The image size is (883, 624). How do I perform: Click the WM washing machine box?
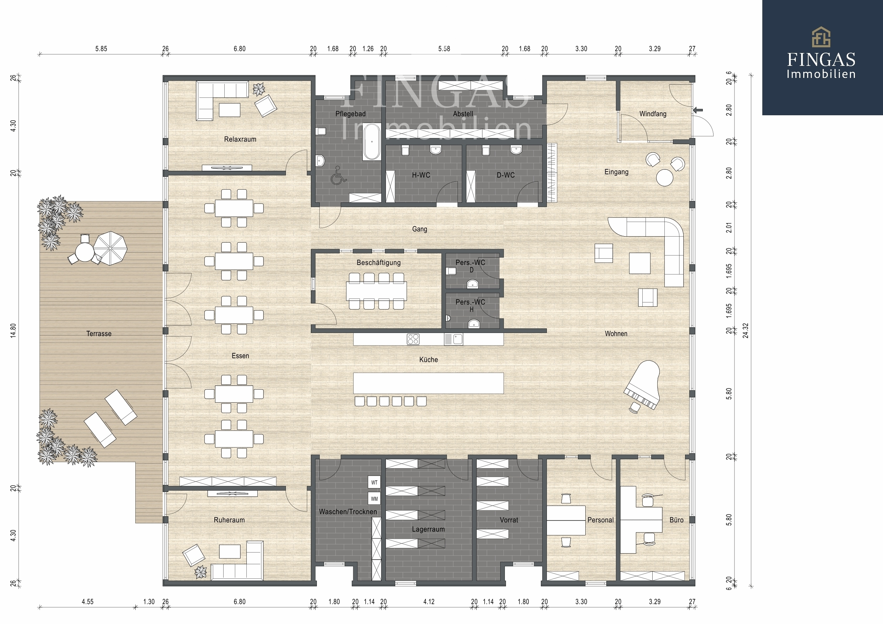pyautogui.click(x=374, y=499)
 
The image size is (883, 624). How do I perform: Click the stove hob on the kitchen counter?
pyautogui.click(x=413, y=339)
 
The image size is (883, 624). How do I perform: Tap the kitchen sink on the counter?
pyautogui.click(x=457, y=339)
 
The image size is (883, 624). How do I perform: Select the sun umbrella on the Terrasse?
pyautogui.click(x=110, y=248)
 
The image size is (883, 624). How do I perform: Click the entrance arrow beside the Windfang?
pyautogui.click(x=697, y=110)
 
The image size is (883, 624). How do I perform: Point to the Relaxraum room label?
pyautogui.click(x=240, y=139)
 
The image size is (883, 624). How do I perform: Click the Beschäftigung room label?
pyautogui.click(x=378, y=263)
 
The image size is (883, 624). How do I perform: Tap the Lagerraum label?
pyautogui.click(x=428, y=529)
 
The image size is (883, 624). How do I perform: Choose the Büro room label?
pyautogui.click(x=676, y=520)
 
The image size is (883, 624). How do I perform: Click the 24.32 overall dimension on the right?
pyautogui.click(x=746, y=330)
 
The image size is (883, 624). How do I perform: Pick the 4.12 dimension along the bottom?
pyautogui.click(x=429, y=602)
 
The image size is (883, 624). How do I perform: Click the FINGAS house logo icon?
pyautogui.click(x=821, y=37)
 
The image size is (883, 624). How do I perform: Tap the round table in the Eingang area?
pyautogui.click(x=664, y=178)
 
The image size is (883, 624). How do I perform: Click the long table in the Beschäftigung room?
pyautogui.click(x=376, y=291)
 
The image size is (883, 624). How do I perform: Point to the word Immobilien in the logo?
pyautogui.click(x=821, y=74)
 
